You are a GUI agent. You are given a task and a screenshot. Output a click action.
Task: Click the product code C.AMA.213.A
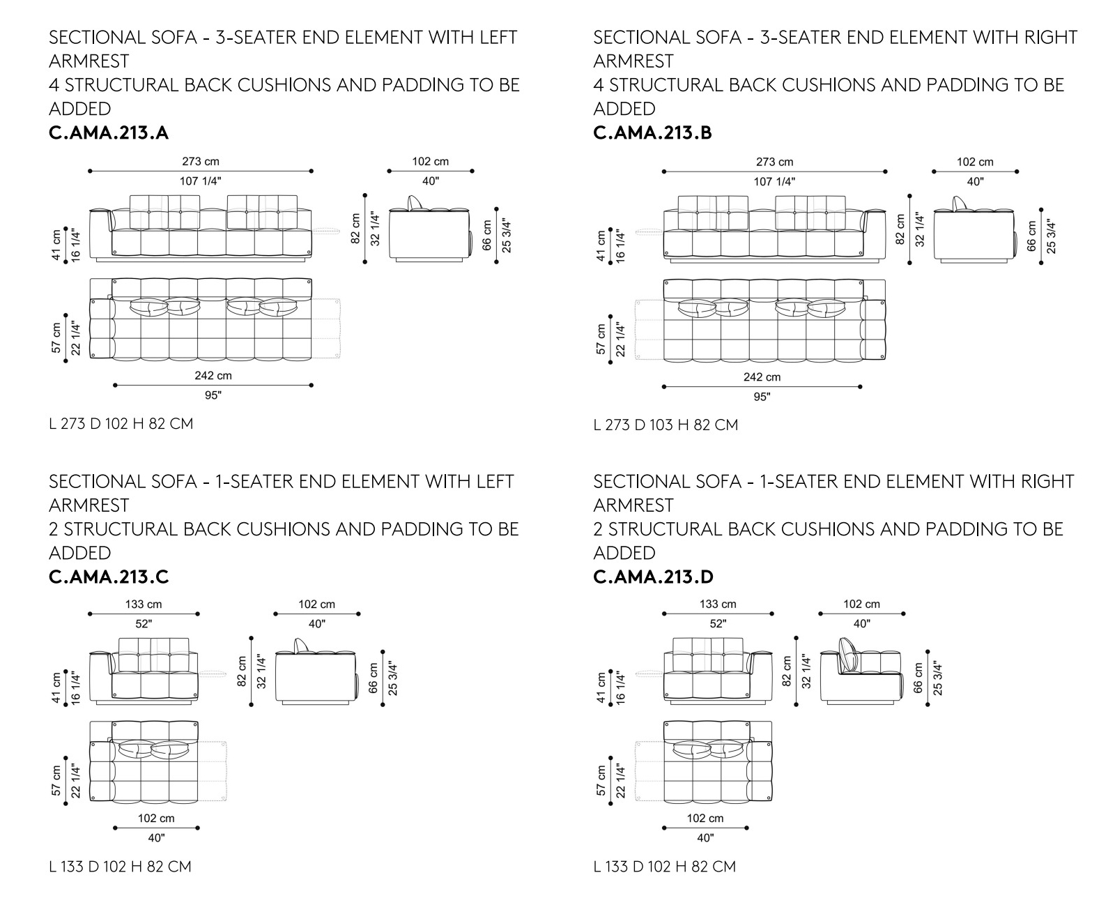pyautogui.click(x=109, y=132)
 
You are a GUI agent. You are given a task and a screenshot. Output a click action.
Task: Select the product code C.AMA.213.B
pyautogui.click(x=652, y=132)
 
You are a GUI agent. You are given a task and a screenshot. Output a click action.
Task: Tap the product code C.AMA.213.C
pyautogui.click(x=109, y=577)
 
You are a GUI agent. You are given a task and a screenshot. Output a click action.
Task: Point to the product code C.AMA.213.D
pyautogui.click(x=654, y=577)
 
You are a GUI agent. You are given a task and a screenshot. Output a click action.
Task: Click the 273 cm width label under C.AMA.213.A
pyautogui.click(x=201, y=161)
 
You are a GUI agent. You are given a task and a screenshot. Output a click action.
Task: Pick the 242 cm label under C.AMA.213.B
pyautogui.click(x=762, y=377)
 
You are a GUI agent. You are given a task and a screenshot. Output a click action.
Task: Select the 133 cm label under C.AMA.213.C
pyautogui.click(x=144, y=604)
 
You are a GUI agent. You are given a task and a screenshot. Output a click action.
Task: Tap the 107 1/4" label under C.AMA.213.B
pyautogui.click(x=774, y=181)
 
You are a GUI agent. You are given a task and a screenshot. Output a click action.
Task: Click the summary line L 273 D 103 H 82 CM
pyautogui.click(x=666, y=425)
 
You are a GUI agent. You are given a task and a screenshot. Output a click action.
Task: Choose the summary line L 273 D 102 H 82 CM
pyautogui.click(x=121, y=424)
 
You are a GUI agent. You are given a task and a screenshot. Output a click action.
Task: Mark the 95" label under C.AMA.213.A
pyautogui.click(x=213, y=395)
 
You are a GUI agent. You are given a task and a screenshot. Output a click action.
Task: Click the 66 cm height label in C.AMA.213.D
pyautogui.click(x=918, y=678)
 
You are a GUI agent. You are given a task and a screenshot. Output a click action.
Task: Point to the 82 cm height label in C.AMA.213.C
pyautogui.click(x=241, y=671)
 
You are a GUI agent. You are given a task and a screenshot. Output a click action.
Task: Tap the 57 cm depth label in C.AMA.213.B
pyautogui.click(x=601, y=339)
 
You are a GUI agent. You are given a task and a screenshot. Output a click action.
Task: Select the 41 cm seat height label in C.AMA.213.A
pyautogui.click(x=56, y=245)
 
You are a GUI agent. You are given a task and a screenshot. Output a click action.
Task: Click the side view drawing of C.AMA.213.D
pyautogui.click(x=861, y=671)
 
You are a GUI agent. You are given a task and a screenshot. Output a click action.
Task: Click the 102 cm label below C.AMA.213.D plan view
pyautogui.click(x=705, y=818)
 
